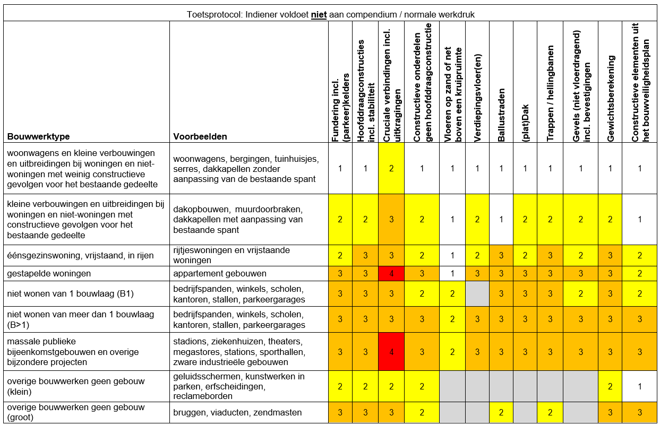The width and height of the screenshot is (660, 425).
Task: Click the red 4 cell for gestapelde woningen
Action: (x=391, y=274)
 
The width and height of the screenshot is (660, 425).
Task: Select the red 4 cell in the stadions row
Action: (x=391, y=352)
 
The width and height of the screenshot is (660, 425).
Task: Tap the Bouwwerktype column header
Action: (x=39, y=136)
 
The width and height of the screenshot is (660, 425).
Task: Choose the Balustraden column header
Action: (x=501, y=122)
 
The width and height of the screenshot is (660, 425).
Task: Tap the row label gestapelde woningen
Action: (x=49, y=274)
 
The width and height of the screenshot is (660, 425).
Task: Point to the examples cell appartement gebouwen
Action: (x=219, y=274)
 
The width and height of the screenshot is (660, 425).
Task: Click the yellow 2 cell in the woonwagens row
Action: (x=391, y=168)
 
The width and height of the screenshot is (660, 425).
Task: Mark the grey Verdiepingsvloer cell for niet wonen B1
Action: (x=477, y=294)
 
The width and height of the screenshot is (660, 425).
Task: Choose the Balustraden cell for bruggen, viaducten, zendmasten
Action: (x=501, y=412)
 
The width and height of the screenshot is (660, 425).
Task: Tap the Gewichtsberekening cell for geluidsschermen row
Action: (x=611, y=386)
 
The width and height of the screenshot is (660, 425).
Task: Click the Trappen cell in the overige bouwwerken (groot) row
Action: (x=550, y=412)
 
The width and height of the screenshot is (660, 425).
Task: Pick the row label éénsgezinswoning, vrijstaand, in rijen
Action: (x=80, y=256)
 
